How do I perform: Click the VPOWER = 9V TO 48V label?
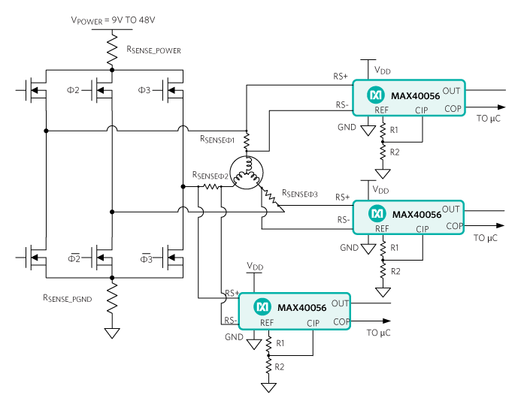[114, 21]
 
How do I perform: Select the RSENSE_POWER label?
[153, 50]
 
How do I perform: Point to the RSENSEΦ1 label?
[217, 140]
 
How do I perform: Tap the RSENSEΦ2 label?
[210, 176]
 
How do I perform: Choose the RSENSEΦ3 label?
[300, 194]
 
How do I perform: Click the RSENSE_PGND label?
[68, 298]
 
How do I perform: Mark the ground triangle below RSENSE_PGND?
[112, 333]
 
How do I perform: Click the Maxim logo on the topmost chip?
[375, 95]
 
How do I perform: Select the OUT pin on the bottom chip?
[340, 303]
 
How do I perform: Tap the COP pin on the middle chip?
[454, 225]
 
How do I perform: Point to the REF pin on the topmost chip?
[382, 110]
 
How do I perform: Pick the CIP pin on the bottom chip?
[313, 323]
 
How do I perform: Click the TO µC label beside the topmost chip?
[488, 119]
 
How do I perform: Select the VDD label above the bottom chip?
[255, 267]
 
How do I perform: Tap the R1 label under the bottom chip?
[280, 343]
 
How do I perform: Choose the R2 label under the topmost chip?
[395, 152]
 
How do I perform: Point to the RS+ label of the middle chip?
[342, 197]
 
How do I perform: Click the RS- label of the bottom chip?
[231, 321]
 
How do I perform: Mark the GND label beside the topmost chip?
[347, 128]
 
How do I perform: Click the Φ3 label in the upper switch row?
[144, 90]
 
